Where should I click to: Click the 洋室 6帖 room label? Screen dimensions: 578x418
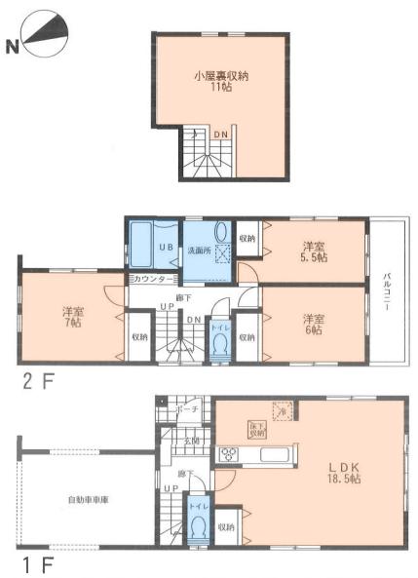coord(312,326)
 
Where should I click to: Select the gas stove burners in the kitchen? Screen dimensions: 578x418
coord(230,454)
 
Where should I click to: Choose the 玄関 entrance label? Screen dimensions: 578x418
coord(193,442)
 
